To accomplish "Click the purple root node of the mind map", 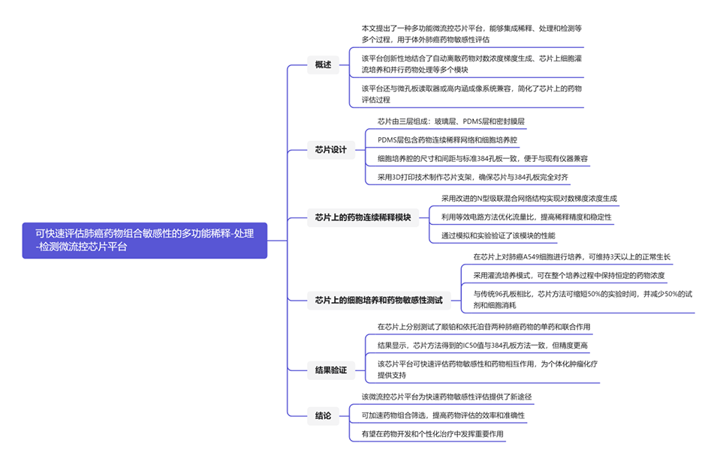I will coord(144,240).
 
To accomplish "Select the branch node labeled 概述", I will coord(323,64).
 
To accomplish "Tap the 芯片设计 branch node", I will coord(330,149).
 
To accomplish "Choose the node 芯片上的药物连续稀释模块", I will coord(363,217).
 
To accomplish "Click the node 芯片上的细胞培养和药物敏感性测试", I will coord(378,301).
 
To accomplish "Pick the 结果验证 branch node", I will coord(330,370).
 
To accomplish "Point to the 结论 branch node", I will coord(323,415).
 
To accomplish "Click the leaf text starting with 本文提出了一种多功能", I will coord(471,34).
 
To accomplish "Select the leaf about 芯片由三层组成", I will coord(456,121).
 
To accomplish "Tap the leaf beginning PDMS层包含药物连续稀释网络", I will coord(447,139).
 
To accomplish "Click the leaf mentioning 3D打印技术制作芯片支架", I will coord(472,178).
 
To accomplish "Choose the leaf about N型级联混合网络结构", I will coord(529,199).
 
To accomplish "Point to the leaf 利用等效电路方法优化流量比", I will coord(526,217).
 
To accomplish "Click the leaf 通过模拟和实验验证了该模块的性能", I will coord(498,236).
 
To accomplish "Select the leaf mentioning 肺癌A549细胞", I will coord(571,256).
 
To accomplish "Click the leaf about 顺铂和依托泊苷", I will coord(484,327).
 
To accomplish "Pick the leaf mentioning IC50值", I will coord(482,346).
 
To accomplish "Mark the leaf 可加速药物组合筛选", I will coord(443,415).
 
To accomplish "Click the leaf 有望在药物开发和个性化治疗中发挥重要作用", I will coord(432,433).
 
